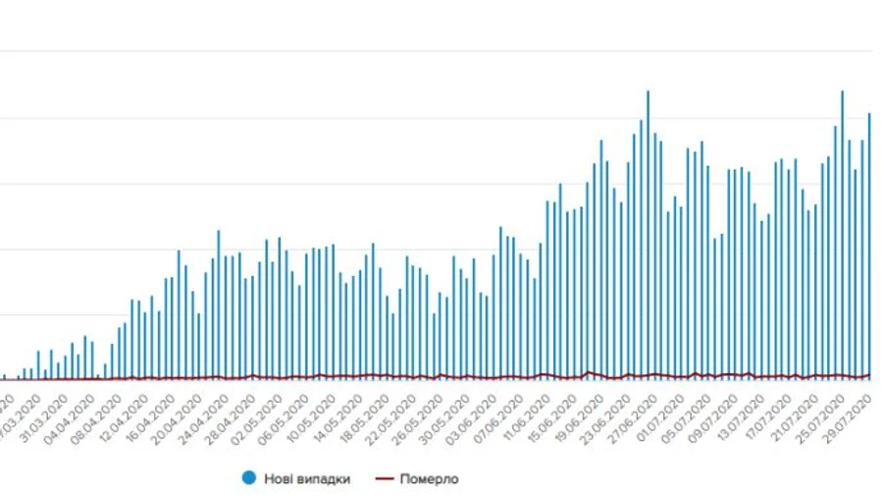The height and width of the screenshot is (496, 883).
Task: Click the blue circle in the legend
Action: [248, 478]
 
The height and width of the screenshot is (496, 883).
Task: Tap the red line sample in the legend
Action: [384, 478]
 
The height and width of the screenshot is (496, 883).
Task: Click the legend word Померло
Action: [427, 479]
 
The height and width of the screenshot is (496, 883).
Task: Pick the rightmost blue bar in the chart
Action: [869, 246]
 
